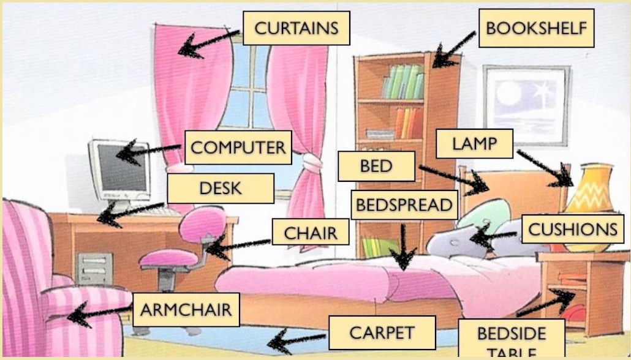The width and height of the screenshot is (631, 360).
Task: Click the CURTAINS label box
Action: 296,28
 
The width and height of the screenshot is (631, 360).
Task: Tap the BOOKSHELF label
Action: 536,28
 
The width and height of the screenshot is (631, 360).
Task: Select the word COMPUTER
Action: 238,148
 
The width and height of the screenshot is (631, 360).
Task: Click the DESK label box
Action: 220,189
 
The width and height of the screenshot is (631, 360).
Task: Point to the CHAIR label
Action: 311,233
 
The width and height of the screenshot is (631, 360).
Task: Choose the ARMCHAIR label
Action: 186,309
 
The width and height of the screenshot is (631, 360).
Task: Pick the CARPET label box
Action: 382,333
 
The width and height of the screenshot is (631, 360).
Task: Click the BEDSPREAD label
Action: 404,205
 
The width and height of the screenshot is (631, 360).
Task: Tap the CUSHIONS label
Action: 572,230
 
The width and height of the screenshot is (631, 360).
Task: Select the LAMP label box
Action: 474,144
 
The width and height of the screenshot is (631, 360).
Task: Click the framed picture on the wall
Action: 526,105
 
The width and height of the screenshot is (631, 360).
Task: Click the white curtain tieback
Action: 312,162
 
